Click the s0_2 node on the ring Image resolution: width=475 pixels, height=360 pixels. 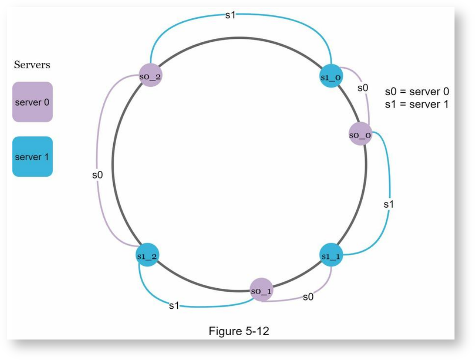tap(150, 76)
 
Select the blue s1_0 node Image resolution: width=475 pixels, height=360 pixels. tap(331, 77)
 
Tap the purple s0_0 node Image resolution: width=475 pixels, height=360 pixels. tap(360, 135)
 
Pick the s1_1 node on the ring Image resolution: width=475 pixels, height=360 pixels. tap(331, 255)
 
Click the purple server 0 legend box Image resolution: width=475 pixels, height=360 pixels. tap(32, 102)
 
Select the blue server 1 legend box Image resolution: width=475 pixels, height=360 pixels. tap(32, 157)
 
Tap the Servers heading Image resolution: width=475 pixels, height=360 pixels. tap(32, 65)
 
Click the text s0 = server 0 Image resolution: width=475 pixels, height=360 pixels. tap(417, 91)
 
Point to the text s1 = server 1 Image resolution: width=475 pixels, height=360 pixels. tap(417, 104)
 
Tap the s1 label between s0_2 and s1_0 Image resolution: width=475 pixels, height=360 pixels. tap(230, 16)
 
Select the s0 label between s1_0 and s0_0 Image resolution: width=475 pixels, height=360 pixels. tap(363, 88)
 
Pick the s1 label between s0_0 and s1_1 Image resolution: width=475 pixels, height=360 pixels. tap(388, 205)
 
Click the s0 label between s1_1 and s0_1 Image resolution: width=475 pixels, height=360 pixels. tap(308, 297)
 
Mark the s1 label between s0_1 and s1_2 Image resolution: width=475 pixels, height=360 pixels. tap(174, 306)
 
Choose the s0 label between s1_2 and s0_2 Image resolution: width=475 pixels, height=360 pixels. tap(97, 175)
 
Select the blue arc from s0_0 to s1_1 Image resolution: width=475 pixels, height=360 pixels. tap(390, 179)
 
